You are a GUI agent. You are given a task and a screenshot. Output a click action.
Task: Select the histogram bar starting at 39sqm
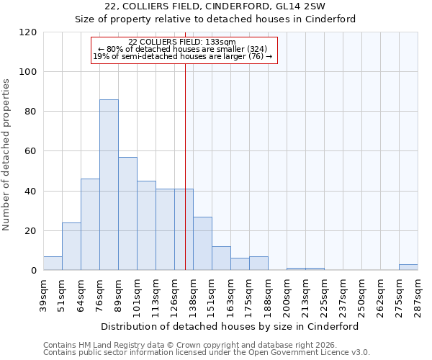tap(53, 264)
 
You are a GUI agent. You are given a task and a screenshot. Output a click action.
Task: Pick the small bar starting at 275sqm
tap(408, 268)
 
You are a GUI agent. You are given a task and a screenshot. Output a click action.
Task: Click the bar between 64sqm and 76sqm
tap(90, 225)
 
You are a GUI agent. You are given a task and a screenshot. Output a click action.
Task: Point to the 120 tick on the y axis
tap(28, 32)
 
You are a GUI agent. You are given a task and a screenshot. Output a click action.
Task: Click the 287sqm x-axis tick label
tap(418, 294)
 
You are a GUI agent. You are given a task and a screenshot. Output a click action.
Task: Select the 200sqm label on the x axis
tap(287, 294)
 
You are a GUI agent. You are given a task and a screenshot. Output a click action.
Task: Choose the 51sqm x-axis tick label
tap(63, 293)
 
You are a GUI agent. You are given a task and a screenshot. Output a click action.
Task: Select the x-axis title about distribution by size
tap(230, 326)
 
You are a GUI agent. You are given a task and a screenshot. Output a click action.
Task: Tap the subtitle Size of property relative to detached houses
tap(215, 19)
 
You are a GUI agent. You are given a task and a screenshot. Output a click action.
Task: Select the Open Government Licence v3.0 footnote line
tap(207, 352)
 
